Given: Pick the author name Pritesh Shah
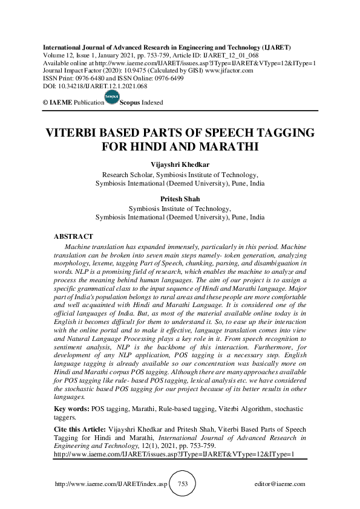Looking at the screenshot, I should coord(180,198).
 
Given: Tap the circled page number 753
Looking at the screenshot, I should coord(180,484).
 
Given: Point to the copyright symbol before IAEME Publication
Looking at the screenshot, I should coord(45,103).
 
